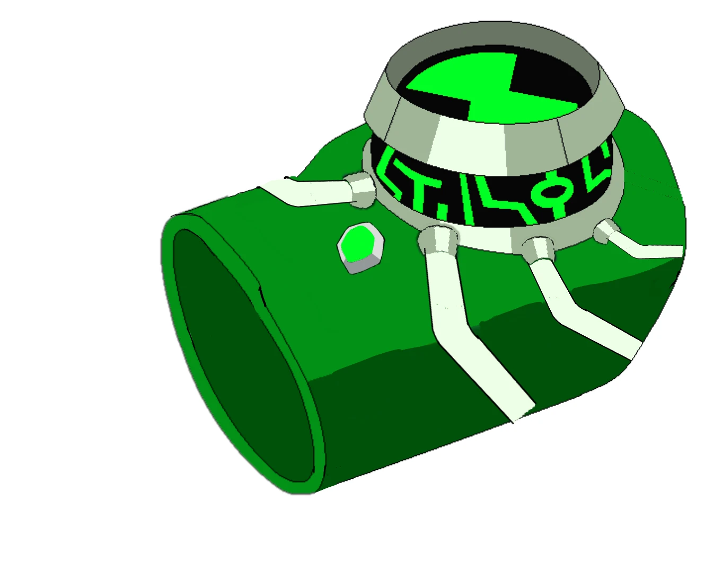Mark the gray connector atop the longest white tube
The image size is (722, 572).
click(438, 239)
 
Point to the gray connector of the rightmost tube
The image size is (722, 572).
click(604, 231)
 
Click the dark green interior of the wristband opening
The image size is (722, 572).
click(244, 360)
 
